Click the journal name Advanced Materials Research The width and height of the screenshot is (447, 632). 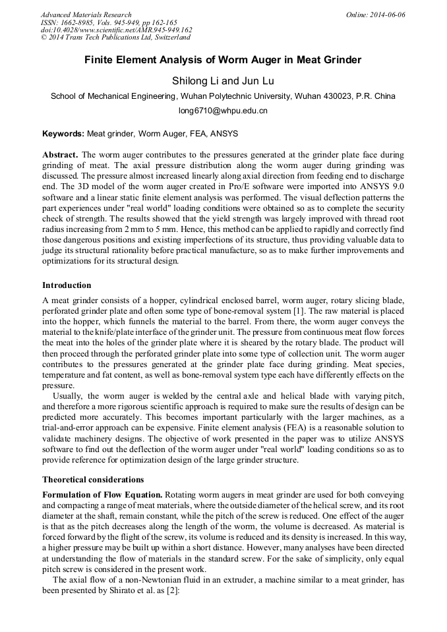pos(86,14)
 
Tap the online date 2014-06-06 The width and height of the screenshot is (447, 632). pos(386,14)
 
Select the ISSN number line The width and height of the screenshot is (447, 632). pos(100,22)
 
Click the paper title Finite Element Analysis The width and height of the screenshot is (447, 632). pos(223,60)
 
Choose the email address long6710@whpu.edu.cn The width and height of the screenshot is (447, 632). pos(223,111)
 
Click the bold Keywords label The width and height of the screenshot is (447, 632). pos(63,134)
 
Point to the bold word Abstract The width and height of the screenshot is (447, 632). pos(61,154)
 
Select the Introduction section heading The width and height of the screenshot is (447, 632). pos(67,285)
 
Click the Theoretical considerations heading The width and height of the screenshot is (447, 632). pos(93,479)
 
